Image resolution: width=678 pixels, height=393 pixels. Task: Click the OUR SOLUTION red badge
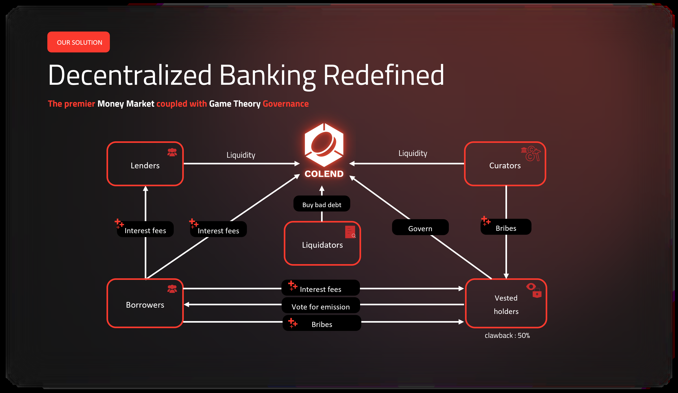coord(78,42)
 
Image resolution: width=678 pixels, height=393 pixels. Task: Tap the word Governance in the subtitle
coord(286,104)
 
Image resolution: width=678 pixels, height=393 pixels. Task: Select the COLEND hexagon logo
coord(324,145)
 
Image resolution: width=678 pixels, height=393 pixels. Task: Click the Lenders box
coord(145,164)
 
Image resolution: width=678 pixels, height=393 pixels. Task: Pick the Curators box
coord(505,164)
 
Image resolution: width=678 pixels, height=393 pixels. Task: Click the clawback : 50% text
coord(507,335)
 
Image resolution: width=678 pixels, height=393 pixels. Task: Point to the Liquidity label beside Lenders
coord(241,155)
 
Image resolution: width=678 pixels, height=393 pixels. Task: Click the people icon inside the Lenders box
coord(172,152)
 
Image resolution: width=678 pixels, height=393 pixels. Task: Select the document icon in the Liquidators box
coord(350,232)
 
